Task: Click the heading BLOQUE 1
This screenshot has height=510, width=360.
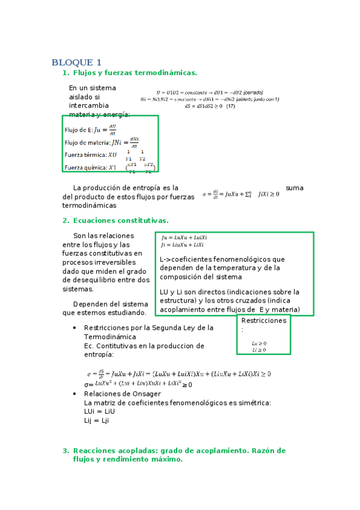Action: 76,63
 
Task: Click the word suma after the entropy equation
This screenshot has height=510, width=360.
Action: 294,188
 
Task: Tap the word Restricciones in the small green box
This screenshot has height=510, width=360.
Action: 263,321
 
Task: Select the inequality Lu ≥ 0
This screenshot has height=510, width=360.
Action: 260,343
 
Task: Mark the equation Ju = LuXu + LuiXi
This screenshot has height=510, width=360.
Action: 184,238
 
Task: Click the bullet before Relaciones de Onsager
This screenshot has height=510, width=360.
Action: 74,394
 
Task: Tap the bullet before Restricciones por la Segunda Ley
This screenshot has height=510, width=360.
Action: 74,328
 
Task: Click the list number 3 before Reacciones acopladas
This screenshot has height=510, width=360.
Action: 66,450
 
